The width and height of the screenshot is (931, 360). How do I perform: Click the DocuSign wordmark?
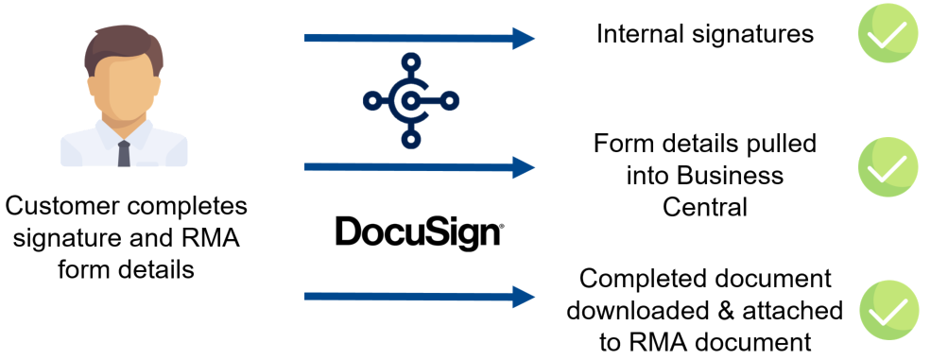click(x=418, y=231)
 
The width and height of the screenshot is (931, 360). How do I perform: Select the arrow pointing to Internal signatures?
click(x=419, y=39)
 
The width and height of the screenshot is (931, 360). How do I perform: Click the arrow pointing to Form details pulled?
click(x=419, y=168)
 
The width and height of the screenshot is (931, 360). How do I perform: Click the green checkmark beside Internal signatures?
click(x=888, y=36)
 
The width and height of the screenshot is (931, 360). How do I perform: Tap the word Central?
click(x=705, y=205)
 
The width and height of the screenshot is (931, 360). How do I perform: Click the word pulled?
click(x=784, y=146)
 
